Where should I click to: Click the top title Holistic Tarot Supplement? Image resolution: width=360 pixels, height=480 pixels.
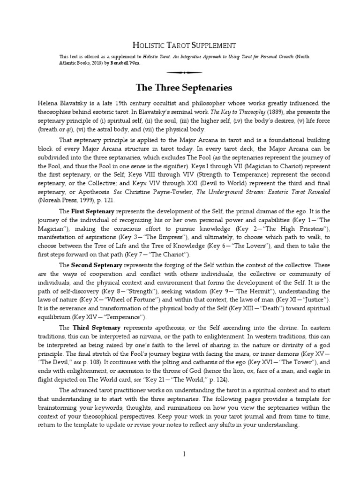click(x=180, y=45)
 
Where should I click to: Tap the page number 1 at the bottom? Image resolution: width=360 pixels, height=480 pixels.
click(x=184, y=454)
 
